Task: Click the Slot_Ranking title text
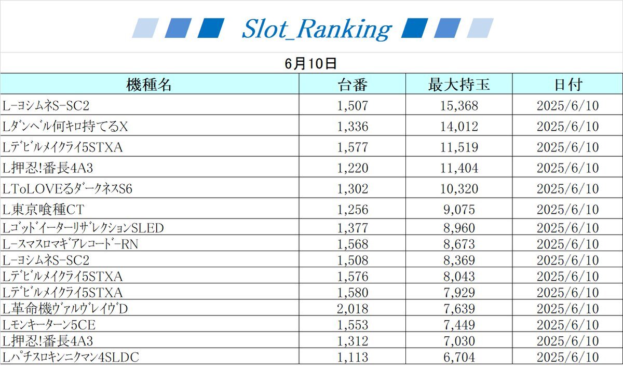pos(316,29)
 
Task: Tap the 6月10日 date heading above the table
pos(311,63)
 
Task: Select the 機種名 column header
pos(149,85)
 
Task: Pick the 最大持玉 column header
pos(458,85)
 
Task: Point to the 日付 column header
pos(567,85)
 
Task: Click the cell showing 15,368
pos(458,106)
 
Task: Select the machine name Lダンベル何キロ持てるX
pos(65,127)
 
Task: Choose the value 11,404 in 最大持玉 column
pos(458,168)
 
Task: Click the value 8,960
pos(458,227)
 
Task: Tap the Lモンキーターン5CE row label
pos(49,325)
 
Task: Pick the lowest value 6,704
pos(458,357)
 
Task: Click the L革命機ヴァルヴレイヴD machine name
pos(65,309)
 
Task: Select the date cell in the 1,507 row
pos(567,106)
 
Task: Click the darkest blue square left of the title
pos(211,28)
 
